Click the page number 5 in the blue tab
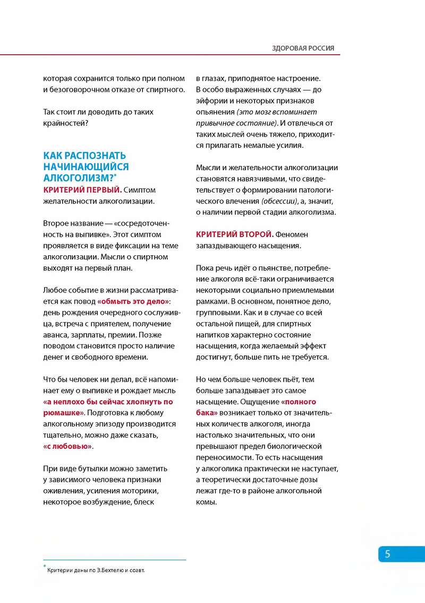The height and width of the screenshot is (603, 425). click(x=388, y=554)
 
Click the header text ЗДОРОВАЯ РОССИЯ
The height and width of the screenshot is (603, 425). click(x=303, y=48)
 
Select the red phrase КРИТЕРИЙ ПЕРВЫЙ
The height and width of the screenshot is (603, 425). click(x=82, y=189)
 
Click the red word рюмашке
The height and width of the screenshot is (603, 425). click(x=62, y=413)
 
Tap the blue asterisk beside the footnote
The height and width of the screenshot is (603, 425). click(x=45, y=567)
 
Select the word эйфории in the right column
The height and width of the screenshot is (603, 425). click(x=211, y=100)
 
